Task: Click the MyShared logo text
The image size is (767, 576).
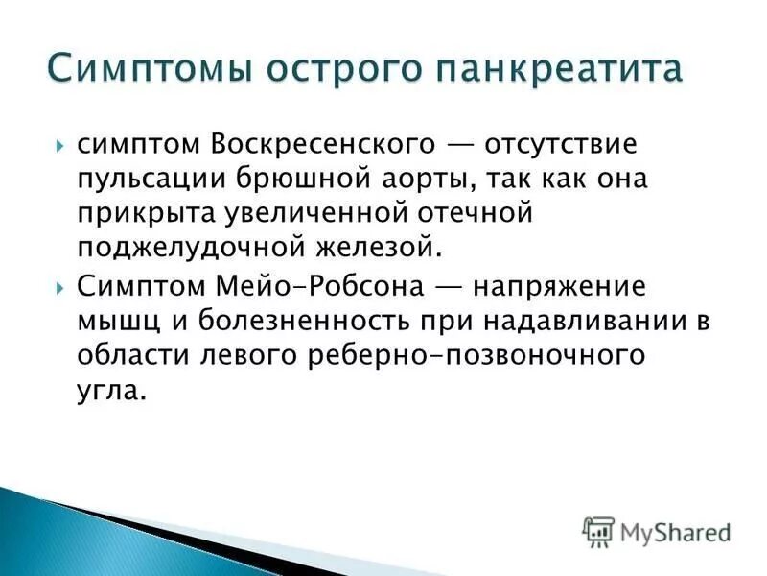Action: coord(674,530)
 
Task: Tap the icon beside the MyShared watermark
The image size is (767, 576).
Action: coord(598,530)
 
